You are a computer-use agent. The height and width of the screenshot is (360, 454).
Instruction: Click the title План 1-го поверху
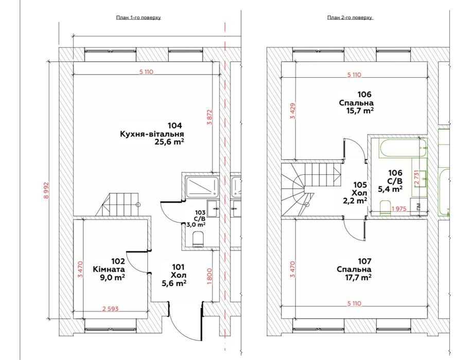(138, 17)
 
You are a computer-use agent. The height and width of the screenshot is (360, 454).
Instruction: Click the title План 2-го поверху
(350, 17)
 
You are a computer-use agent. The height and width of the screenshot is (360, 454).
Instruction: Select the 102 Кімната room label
(109, 269)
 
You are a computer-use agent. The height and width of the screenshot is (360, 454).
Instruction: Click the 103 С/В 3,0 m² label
(200, 219)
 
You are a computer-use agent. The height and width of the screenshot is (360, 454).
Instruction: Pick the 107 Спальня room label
(354, 269)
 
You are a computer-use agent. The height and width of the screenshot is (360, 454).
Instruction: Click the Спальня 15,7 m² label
(356, 106)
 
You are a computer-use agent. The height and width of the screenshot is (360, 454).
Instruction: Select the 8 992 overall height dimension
(46, 190)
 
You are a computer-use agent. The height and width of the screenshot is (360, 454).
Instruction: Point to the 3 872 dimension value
(209, 117)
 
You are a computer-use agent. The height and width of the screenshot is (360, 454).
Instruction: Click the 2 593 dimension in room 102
(110, 309)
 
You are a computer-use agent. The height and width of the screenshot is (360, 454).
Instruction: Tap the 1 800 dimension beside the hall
(209, 276)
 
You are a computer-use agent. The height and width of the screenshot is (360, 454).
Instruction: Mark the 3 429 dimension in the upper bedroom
(293, 111)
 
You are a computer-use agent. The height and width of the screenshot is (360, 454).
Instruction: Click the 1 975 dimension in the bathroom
(399, 208)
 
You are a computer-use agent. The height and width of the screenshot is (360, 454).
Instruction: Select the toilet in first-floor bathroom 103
(198, 239)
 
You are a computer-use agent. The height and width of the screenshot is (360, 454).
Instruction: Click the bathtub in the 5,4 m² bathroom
(399, 148)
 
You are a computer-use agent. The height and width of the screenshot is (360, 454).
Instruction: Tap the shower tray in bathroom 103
(202, 186)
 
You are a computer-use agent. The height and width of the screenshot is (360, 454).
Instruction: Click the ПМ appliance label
(418, 206)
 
